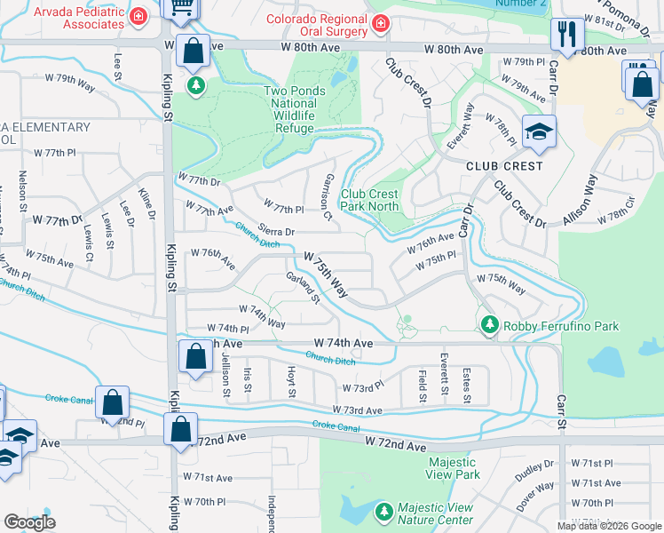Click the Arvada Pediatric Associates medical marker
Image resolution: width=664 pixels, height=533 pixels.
[x=138, y=16]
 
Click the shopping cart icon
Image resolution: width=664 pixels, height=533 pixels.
[x=181, y=7]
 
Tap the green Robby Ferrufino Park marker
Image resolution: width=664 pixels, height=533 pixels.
[x=488, y=326]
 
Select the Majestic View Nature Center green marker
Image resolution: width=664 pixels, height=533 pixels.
[x=383, y=512]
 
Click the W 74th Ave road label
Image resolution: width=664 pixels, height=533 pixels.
[x=343, y=343]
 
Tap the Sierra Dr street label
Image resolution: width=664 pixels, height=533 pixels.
[x=276, y=230]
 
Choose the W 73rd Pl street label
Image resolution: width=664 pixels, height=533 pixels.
[x=362, y=387]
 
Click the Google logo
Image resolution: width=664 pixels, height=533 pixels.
[x=29, y=522]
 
